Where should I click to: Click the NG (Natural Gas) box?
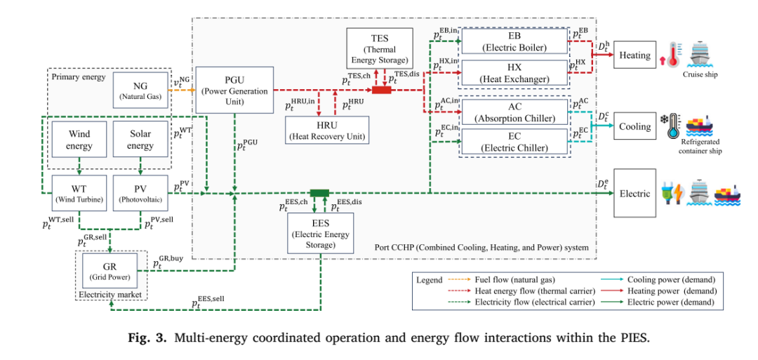[x=141, y=90]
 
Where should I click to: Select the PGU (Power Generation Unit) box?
[x=234, y=91]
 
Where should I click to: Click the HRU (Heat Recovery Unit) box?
[x=327, y=130]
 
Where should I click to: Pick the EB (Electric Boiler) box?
[x=514, y=41]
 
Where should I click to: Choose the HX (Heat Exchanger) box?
[x=514, y=72]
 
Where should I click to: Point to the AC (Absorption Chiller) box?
[x=514, y=112]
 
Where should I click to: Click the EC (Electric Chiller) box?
[x=514, y=141]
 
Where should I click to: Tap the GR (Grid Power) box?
[x=110, y=271]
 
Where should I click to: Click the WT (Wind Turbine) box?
[x=79, y=193]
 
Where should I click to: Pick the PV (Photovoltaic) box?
[x=140, y=193]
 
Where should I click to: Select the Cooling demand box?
[x=634, y=126]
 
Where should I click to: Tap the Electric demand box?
[x=634, y=193]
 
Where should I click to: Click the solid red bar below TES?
[x=381, y=90]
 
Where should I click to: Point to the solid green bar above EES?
[x=319, y=193]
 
